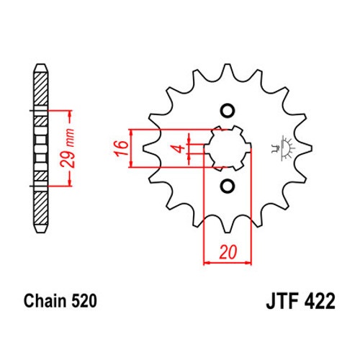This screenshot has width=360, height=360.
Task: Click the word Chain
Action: [x=45, y=301]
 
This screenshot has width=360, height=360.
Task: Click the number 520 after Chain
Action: [x=84, y=301]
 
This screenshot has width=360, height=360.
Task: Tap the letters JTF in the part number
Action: [x=282, y=301]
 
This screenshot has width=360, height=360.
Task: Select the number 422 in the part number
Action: [x=320, y=301]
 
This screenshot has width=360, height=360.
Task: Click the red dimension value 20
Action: [x=228, y=252]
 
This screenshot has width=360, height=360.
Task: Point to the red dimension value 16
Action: [x=122, y=149]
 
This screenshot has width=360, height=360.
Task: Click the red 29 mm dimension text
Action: [x=67, y=148]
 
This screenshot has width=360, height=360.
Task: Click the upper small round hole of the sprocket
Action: [x=228, y=111]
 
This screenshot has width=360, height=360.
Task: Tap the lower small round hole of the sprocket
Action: [x=228, y=186]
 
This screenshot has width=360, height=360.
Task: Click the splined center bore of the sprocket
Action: [x=228, y=148]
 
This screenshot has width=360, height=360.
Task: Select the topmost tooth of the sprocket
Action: [x=228, y=70]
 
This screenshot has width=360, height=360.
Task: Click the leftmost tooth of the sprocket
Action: [x=150, y=148]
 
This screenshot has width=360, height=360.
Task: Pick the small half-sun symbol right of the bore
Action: [x=283, y=148]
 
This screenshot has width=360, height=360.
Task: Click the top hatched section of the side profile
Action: [x=40, y=89]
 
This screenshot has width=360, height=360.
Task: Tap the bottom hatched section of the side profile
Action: [x=40, y=208]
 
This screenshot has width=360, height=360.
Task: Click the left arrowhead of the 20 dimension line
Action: [x=207, y=263]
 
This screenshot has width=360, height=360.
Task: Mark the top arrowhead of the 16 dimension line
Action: [x=131, y=132]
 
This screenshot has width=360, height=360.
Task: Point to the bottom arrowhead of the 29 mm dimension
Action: [x=70, y=182]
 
